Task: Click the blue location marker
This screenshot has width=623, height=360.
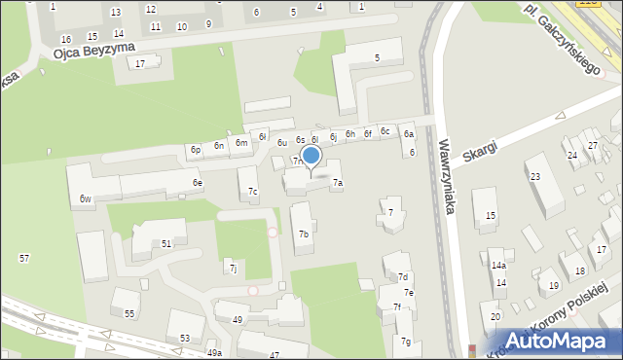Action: (x=311, y=156)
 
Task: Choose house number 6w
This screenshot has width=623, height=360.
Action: (x=86, y=199)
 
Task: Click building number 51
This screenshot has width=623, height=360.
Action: (x=166, y=243)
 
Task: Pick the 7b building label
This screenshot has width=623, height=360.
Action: (x=304, y=234)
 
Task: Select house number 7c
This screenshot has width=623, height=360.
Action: (x=252, y=191)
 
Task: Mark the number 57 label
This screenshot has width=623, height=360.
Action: (x=24, y=258)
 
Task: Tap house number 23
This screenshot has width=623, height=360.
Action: (x=534, y=176)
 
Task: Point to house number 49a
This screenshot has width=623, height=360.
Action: (x=214, y=353)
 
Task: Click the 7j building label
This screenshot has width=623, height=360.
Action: (x=232, y=268)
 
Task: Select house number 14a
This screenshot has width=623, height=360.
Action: (x=498, y=265)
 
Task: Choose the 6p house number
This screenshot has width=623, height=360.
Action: (x=196, y=150)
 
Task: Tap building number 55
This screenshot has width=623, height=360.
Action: (x=129, y=313)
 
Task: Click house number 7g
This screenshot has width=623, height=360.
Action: (x=406, y=341)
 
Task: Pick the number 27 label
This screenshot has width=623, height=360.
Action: (x=592, y=145)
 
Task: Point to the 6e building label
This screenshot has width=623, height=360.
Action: (x=197, y=183)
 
